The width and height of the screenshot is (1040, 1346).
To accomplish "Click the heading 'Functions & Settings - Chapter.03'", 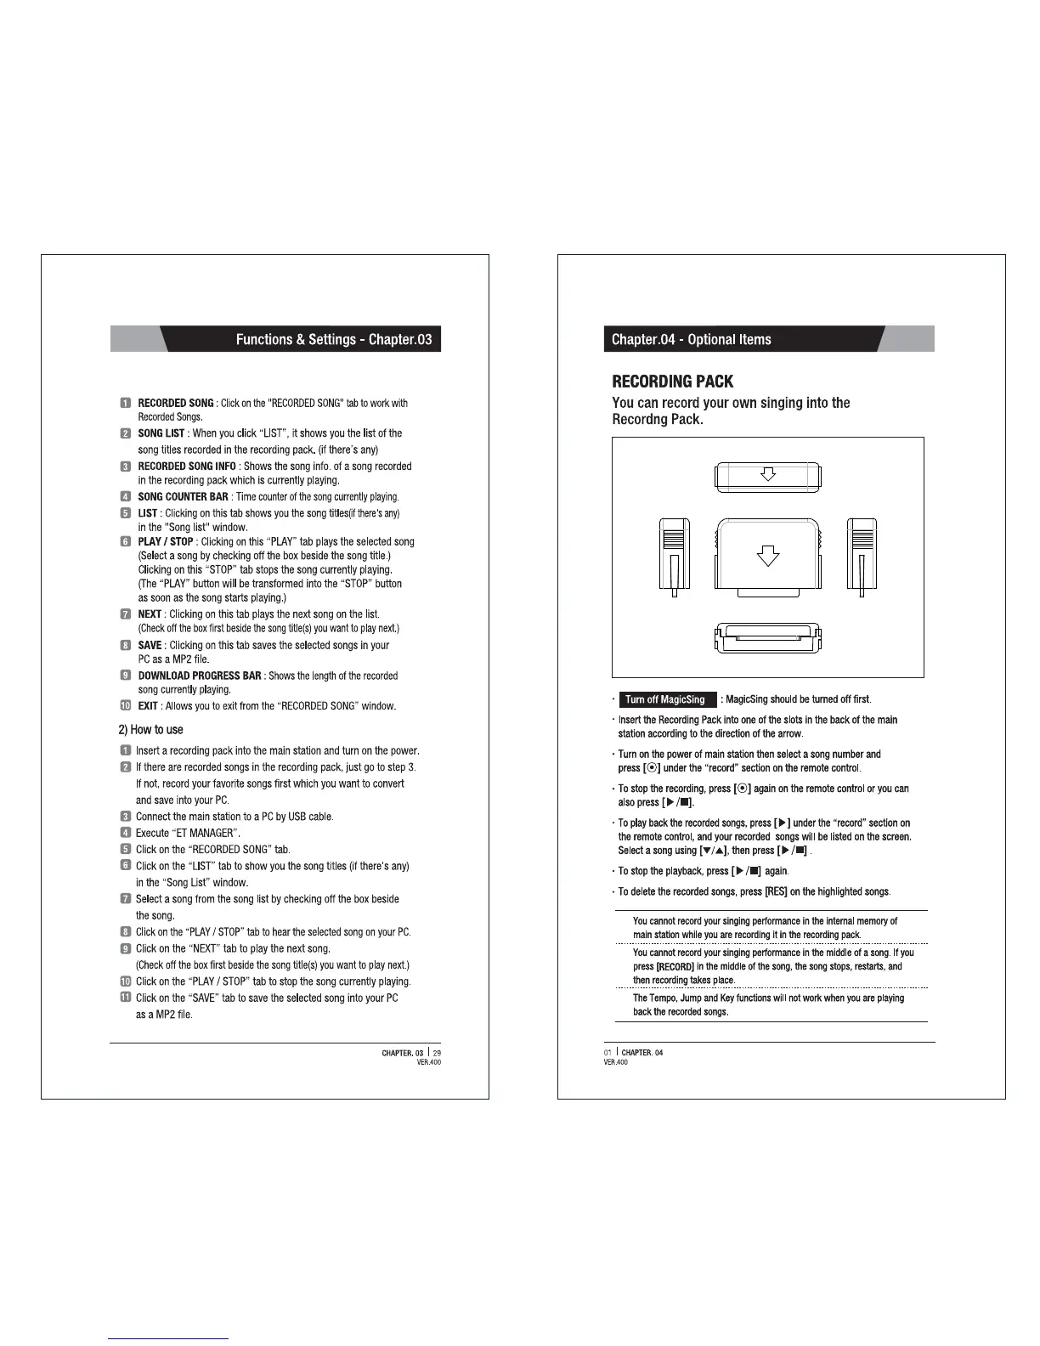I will pyautogui.click(x=333, y=339).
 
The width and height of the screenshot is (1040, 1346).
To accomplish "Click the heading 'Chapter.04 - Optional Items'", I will pyautogui.click(x=691, y=339).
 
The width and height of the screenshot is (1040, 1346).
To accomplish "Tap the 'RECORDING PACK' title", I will pyautogui.click(x=672, y=382).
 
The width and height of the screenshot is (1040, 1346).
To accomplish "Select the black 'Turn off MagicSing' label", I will pyautogui.click(x=666, y=699).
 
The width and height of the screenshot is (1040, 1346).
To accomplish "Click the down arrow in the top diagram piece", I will pyautogui.click(x=767, y=475).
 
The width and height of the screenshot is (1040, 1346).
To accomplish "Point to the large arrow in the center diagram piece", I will pyautogui.click(x=768, y=556).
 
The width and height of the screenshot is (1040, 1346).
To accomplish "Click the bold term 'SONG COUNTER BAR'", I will pyautogui.click(x=183, y=496).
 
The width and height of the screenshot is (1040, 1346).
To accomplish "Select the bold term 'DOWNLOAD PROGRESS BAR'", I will pyautogui.click(x=200, y=676).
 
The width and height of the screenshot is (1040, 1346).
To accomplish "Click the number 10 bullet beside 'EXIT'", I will pyautogui.click(x=125, y=705).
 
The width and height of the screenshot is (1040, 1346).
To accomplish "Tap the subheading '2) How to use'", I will pyautogui.click(x=150, y=729).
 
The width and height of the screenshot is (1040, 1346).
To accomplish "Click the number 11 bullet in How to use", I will pyautogui.click(x=125, y=998).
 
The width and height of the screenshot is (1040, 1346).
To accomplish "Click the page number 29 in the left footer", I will pyautogui.click(x=437, y=1053).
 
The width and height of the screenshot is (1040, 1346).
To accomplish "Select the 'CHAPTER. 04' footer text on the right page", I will pyautogui.click(x=642, y=1053).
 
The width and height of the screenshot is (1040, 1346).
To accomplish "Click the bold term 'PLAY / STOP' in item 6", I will pyautogui.click(x=166, y=541).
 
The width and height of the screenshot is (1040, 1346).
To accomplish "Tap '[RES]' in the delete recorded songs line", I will pyautogui.click(x=776, y=891).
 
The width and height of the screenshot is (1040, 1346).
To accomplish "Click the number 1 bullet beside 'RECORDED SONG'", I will pyautogui.click(x=125, y=403).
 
